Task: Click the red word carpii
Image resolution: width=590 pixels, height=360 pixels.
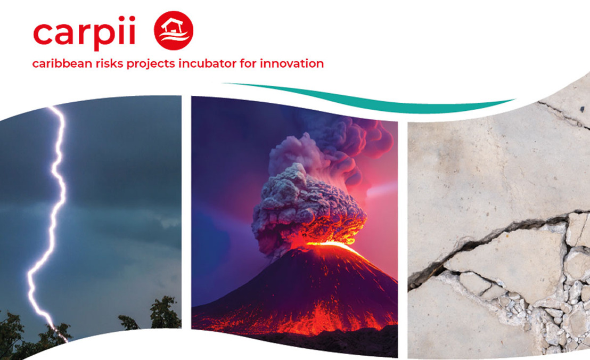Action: coord(84,34)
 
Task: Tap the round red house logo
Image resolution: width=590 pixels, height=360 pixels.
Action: coord(174,30)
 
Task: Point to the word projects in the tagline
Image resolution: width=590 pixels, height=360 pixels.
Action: coord(151,64)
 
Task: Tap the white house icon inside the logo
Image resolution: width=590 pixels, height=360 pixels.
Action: coord(173,25)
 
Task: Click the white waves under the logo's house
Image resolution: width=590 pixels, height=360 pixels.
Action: coord(174,38)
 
